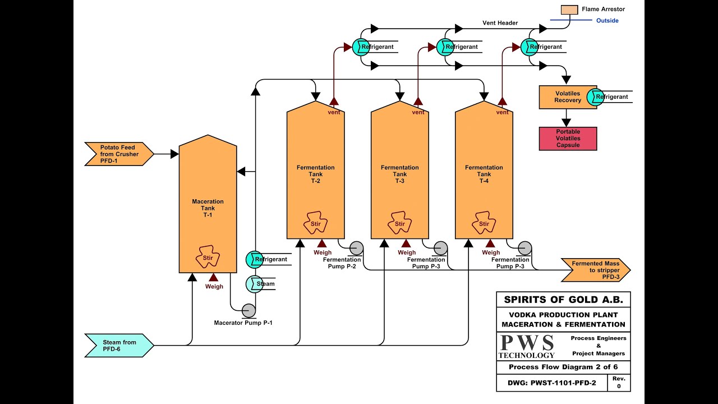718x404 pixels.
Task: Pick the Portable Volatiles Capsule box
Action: (568, 139)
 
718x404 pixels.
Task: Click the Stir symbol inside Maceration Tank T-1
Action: (207, 258)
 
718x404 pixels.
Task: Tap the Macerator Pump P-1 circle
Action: (248, 310)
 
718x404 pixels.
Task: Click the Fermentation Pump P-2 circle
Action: (356, 248)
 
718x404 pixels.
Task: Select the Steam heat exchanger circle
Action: (254, 284)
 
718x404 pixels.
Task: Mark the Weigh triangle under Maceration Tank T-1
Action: (214, 277)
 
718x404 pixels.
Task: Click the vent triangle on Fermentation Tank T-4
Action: (502, 102)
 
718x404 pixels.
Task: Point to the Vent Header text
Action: (500, 23)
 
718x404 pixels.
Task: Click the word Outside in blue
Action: (607, 21)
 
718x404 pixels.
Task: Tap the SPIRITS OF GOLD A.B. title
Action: (563, 300)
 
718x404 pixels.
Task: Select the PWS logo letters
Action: (527, 343)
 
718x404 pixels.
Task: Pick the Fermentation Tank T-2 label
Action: (315, 174)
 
